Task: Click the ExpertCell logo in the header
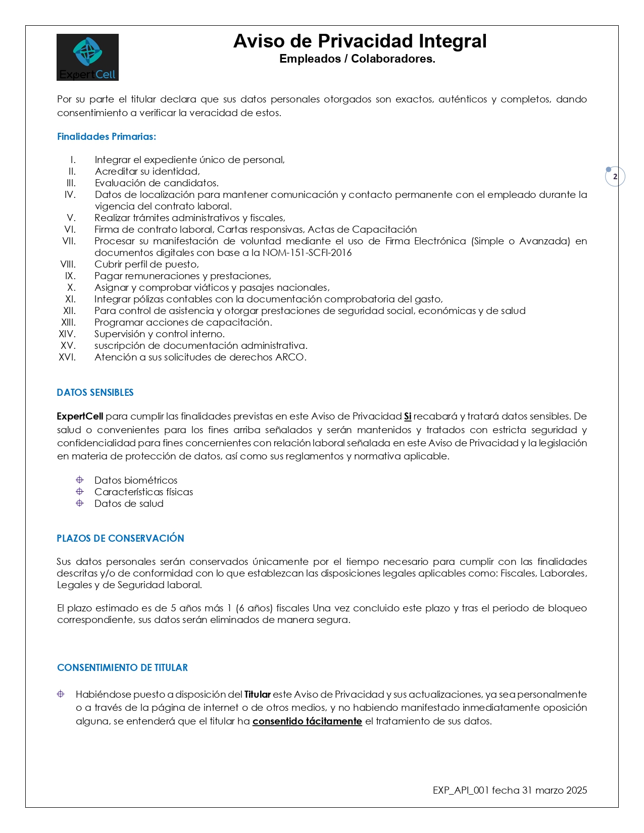(87, 57)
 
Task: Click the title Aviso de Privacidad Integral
(360, 41)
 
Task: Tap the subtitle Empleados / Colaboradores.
(357, 59)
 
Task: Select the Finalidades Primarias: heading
(107, 137)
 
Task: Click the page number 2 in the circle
(615, 177)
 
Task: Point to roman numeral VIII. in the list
(68, 265)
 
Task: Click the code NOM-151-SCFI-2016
(307, 253)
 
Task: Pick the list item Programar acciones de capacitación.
(183, 323)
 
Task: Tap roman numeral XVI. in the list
(67, 357)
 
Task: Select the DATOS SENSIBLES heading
(95, 393)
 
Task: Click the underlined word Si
(408, 416)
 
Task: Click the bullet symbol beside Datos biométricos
(80, 480)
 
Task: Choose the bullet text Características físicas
(143, 492)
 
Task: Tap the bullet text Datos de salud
(129, 504)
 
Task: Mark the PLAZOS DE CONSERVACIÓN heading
(120, 539)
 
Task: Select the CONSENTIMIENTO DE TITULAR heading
(122, 668)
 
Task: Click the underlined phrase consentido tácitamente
(307, 721)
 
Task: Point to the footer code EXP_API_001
(461, 791)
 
